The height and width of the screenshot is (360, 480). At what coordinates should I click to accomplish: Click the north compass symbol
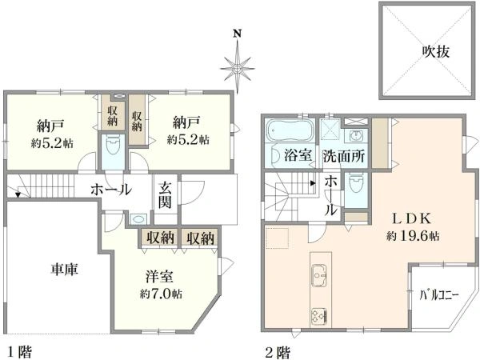coord(237,68)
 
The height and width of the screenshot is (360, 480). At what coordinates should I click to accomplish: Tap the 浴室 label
coord(298,156)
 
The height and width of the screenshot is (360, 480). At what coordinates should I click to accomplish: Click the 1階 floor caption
coord(21,350)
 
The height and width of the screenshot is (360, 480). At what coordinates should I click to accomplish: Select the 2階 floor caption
coord(278,350)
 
